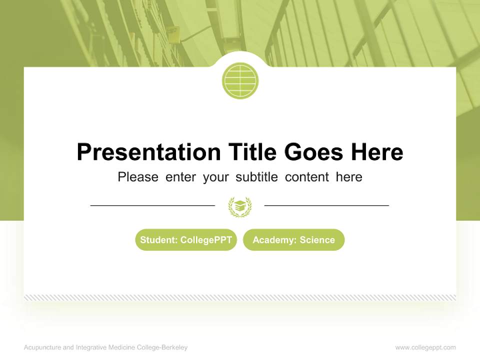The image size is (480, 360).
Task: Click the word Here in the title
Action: tap(376, 152)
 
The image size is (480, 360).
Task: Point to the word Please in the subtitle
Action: tap(138, 177)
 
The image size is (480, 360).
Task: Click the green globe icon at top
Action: tap(240, 80)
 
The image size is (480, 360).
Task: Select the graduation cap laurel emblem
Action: tap(240, 206)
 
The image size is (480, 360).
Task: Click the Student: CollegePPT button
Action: tap(186, 240)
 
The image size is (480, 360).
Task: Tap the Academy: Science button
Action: tap(293, 240)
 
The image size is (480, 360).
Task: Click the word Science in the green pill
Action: tap(317, 240)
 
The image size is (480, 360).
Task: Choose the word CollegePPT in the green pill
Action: tap(206, 240)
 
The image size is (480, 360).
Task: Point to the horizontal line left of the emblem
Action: tap(152, 205)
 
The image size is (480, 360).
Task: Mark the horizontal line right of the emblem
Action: tap(326, 205)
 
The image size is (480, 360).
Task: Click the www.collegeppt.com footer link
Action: tap(425, 347)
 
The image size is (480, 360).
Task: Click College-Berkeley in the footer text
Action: tap(163, 347)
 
